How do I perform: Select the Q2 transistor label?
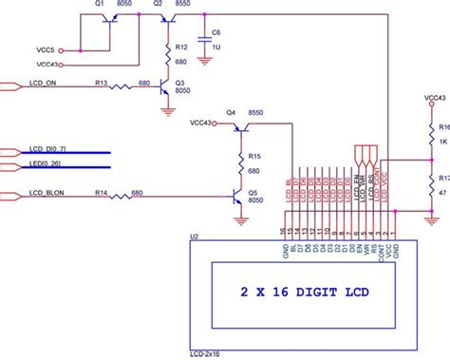(x=132, y=6)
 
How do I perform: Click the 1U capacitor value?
(x=216, y=47)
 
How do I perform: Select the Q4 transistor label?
(x=231, y=112)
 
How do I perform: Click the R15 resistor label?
(x=254, y=156)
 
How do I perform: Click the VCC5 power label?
(x=46, y=49)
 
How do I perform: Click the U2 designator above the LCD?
(x=194, y=235)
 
